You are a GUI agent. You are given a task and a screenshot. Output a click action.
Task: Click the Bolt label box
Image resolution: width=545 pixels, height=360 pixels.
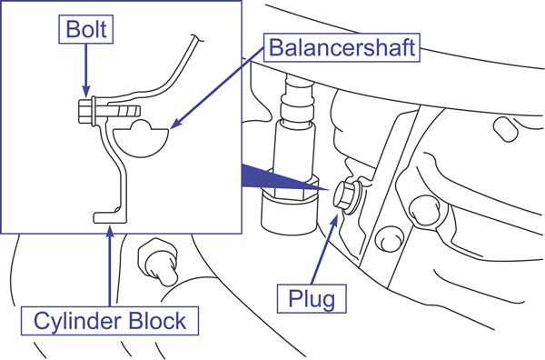(86, 29)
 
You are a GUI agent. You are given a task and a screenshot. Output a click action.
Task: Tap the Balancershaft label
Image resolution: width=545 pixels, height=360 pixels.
(342, 47)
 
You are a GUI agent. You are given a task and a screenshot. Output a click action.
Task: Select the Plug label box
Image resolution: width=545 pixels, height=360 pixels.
(312, 299)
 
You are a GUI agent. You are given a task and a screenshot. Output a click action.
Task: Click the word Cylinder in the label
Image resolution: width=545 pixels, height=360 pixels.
(78, 321)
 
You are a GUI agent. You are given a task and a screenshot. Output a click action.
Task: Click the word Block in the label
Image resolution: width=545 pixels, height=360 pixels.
(157, 321)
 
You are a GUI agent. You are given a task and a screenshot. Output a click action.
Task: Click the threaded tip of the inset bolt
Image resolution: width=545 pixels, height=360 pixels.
(129, 111)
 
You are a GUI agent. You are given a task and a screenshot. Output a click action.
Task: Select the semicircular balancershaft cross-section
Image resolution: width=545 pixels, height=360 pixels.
(141, 138)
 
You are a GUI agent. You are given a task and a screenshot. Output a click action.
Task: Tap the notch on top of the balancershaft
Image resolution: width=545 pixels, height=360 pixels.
(141, 125)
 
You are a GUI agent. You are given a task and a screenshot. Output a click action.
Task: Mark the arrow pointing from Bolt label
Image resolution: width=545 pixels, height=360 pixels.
(86, 71)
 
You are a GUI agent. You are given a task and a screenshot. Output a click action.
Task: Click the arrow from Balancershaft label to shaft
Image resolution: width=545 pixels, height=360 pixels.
(218, 88)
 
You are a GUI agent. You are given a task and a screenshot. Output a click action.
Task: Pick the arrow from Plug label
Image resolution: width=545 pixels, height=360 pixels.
(324, 250)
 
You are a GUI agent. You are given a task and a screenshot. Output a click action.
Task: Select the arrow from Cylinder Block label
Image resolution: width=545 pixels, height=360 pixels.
(110, 266)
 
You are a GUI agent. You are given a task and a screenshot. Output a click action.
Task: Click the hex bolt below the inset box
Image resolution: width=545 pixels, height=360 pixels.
(158, 261)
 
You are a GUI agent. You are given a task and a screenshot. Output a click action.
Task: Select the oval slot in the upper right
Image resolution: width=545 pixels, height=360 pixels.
(506, 129)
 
